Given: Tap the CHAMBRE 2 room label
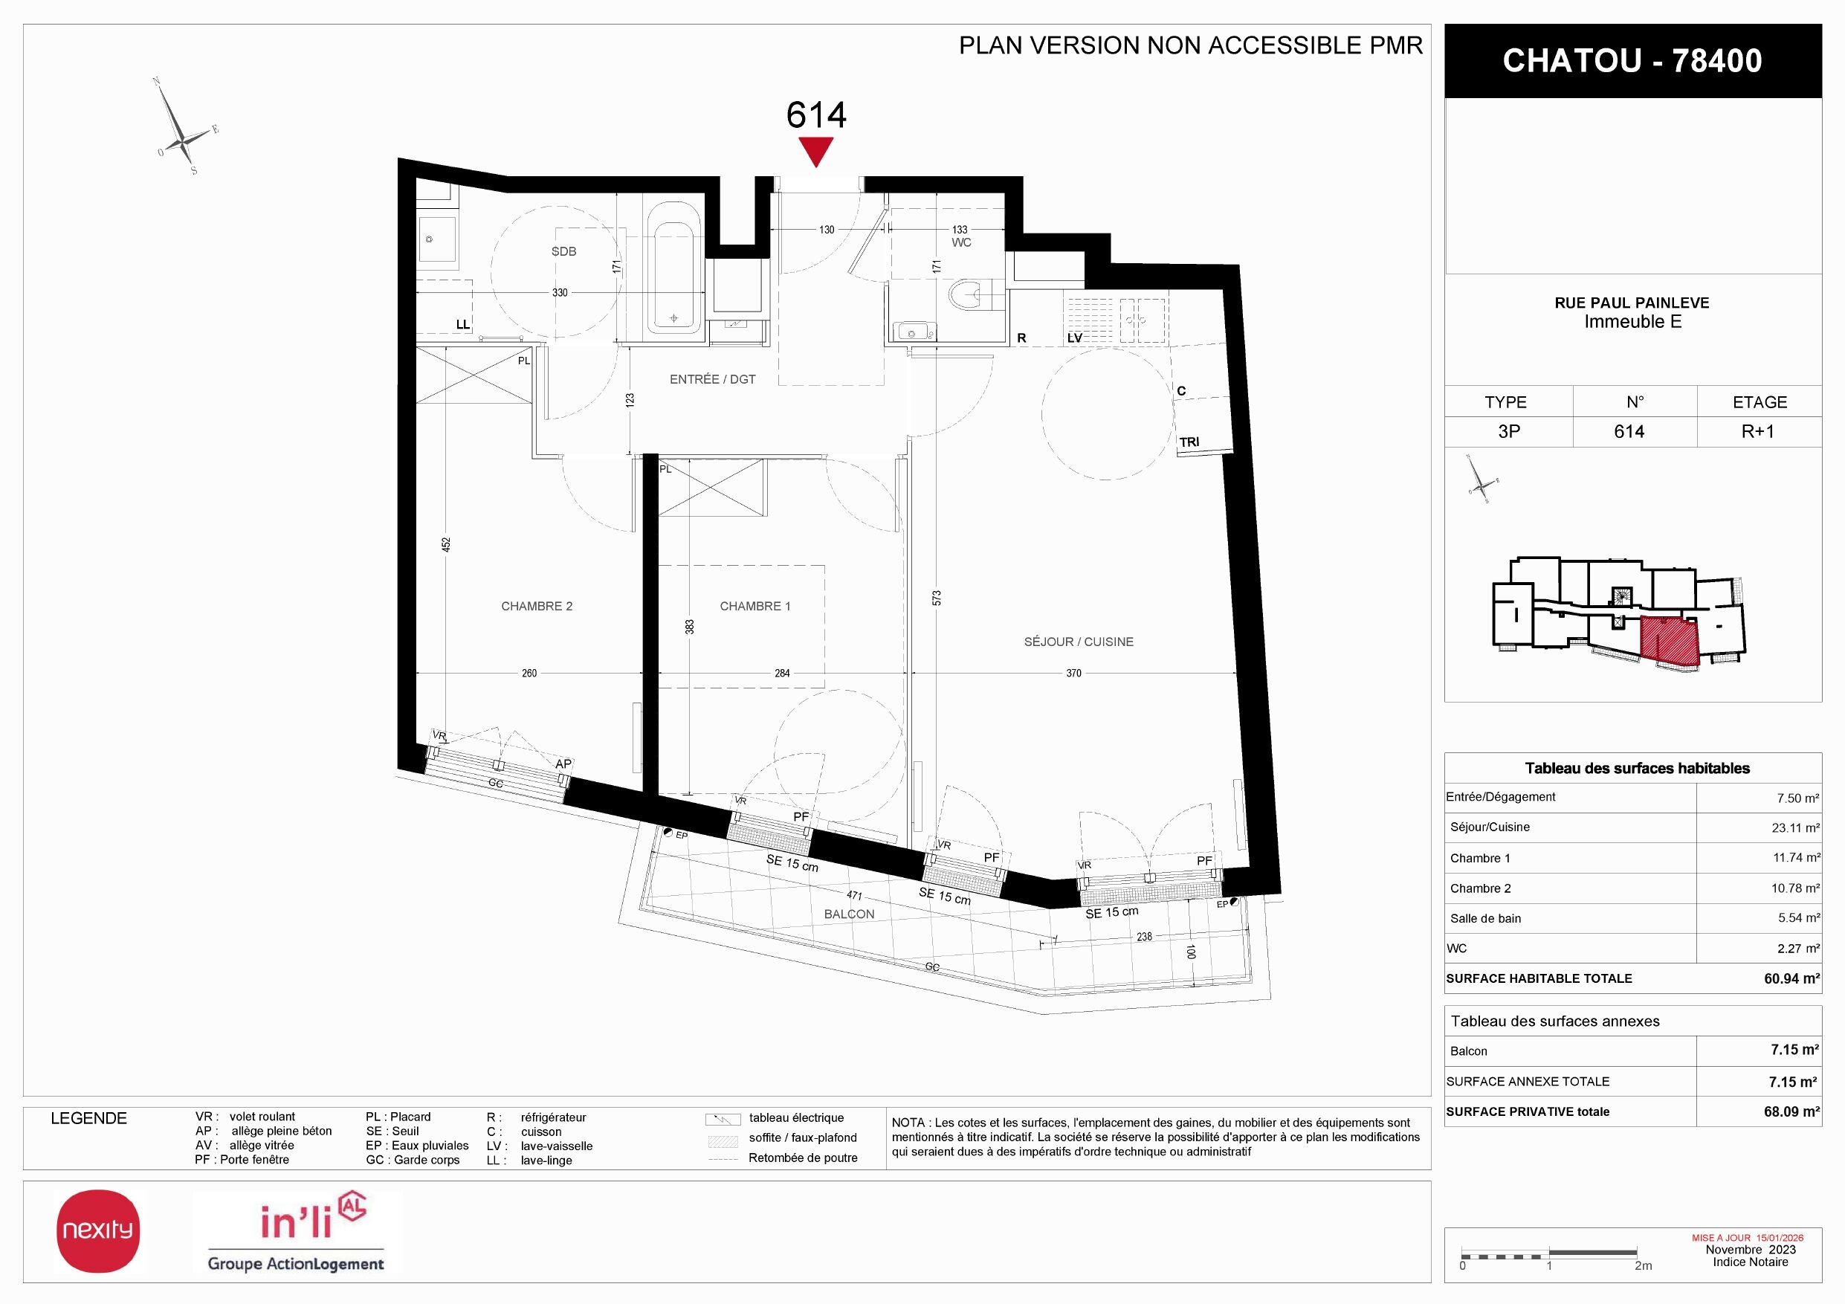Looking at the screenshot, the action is coord(537,607).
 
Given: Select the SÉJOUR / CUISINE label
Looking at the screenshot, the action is coord(1079,642).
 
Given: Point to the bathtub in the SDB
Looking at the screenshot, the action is coord(674,278).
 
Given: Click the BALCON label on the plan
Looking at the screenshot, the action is coord(850,914).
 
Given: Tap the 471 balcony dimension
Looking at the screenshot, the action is coord(854,896).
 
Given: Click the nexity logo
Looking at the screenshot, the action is coord(98,1231).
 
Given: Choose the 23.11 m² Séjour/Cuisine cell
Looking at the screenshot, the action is coord(1795,827).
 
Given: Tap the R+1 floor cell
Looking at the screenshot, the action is coord(1757,431).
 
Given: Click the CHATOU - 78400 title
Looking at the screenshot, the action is coord(1632,61).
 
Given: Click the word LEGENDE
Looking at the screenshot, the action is coord(88,1118).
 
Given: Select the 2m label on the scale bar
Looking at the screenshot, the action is coord(1643,1266).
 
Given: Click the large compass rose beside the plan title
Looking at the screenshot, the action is coord(185,127).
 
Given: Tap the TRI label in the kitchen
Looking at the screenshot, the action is coord(1189,442).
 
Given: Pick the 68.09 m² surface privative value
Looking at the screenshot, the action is coord(1791,1112).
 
